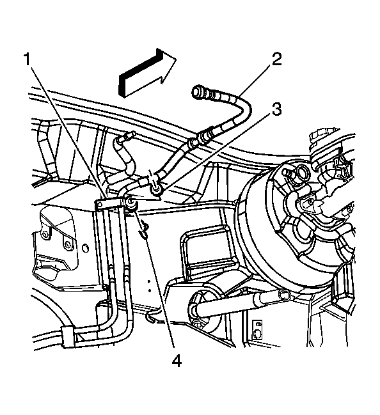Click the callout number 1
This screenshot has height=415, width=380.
coord(28,59)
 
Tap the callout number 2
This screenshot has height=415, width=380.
coord(276,59)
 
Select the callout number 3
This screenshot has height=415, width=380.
coord(277,109)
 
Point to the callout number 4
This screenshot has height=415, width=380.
coord(177,361)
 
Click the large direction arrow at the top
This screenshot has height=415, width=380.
coord(147,72)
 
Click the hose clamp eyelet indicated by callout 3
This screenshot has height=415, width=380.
coord(156,189)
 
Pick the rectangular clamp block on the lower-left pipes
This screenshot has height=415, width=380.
coord(67,336)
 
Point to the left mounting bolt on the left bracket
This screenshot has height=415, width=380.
coord(45,234)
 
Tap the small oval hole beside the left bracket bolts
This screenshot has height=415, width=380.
coord(85,249)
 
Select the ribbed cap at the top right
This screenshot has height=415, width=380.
coord(323,139)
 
